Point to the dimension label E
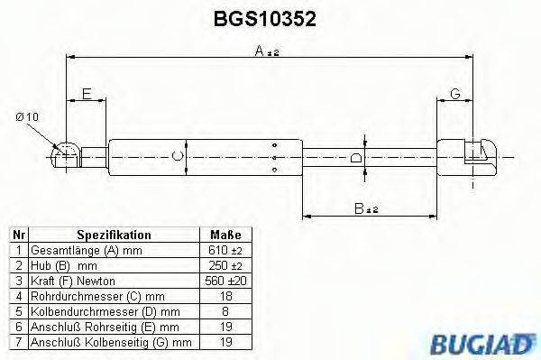coord(87,93)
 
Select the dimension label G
coord(455,93)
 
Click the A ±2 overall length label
coord(268,52)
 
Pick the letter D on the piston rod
coord(355,159)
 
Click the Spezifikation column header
coord(113,235)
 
